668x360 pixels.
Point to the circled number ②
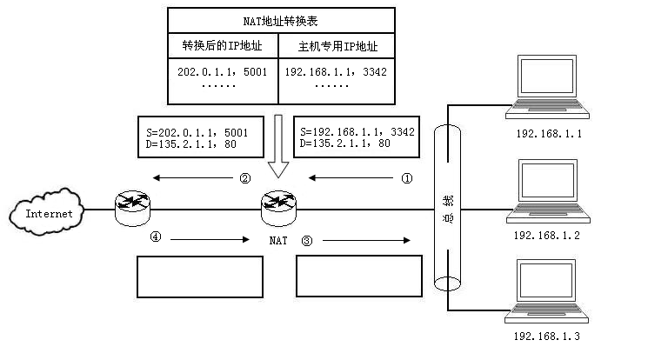click(x=245, y=178)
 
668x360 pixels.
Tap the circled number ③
click(x=306, y=239)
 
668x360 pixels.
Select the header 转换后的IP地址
click(x=222, y=45)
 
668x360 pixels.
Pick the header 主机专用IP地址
click(x=336, y=45)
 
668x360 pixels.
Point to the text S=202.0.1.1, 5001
click(x=199, y=131)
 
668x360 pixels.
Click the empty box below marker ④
click(x=199, y=277)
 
